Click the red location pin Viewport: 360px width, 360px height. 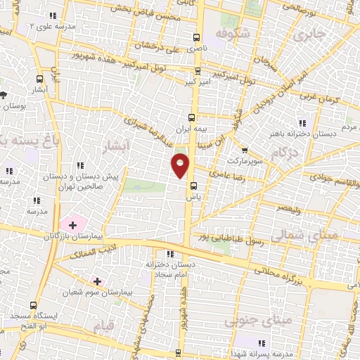tap(181, 165)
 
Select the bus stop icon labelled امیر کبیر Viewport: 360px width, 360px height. tap(198, 71)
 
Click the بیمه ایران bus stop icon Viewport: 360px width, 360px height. tap(192, 117)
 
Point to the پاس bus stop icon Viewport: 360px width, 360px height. tap(193, 187)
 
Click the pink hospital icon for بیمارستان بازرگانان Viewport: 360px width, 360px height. tap(72, 225)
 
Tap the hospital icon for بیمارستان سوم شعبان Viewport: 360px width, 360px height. tap(97, 281)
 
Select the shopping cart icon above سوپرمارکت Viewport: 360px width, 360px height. tap(244, 150)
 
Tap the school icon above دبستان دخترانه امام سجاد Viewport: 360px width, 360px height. tap(170, 254)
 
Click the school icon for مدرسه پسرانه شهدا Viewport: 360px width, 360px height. tap(262, 343)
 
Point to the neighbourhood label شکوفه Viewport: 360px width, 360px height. tap(240, 33)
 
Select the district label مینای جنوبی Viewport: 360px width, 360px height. tap(248, 322)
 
